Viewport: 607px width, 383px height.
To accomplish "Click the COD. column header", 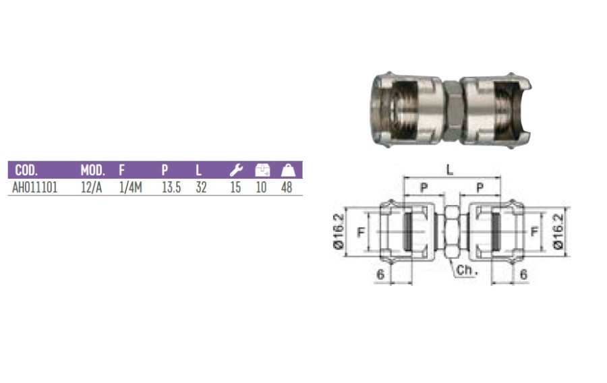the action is click(26, 170).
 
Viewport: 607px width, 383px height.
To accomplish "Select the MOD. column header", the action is click(92, 170).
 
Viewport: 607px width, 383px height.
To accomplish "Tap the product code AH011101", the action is click(35, 187).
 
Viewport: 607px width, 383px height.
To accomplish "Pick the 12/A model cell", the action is click(91, 187).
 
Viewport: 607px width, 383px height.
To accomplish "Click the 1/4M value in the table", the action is click(131, 187).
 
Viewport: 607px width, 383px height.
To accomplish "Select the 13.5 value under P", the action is click(171, 187).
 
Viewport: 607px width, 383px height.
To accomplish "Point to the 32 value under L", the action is click(201, 187).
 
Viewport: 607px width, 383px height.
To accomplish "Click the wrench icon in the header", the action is click(236, 170).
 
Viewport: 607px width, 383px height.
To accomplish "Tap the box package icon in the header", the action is click(262, 170).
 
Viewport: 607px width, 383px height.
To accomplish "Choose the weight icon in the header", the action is click(288, 170).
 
